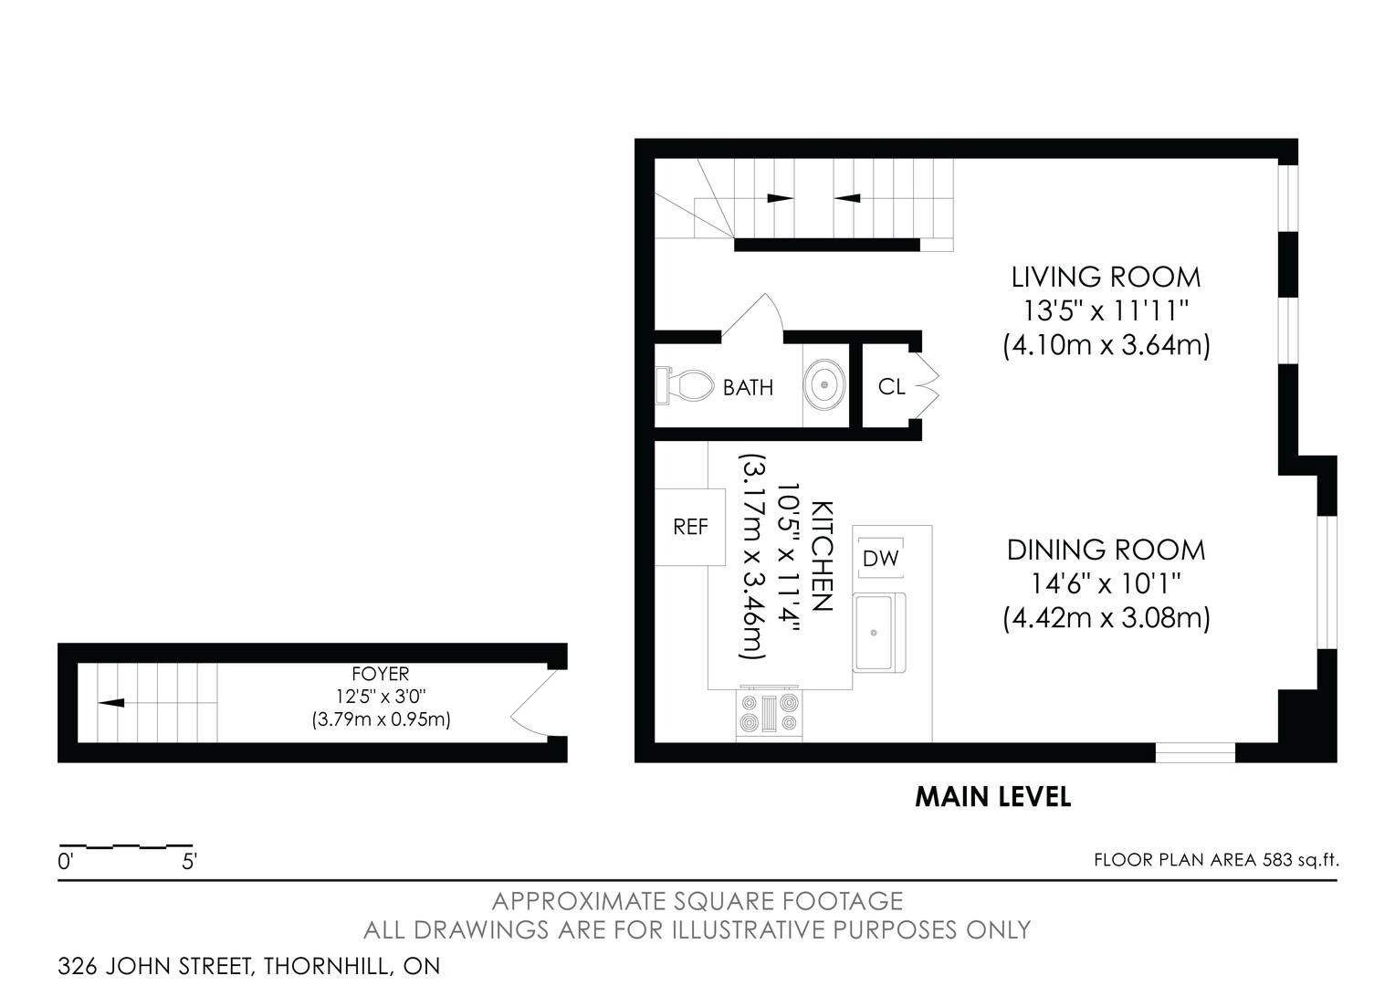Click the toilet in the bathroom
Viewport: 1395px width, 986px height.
pyautogui.click(x=685, y=385)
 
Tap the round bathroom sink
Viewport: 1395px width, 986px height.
pyautogui.click(x=824, y=385)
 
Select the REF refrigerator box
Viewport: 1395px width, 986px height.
pyautogui.click(x=690, y=527)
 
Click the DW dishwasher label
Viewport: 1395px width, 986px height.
pyautogui.click(x=881, y=559)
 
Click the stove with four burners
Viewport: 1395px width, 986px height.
pyautogui.click(x=769, y=712)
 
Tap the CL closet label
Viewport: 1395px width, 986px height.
pyautogui.click(x=891, y=387)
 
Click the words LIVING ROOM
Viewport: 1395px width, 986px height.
pyautogui.click(x=1106, y=278)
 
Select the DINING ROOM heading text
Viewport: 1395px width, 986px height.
pyautogui.click(x=1106, y=550)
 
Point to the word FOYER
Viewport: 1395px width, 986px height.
pyautogui.click(x=381, y=674)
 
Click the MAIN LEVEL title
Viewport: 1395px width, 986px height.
pyautogui.click(x=992, y=797)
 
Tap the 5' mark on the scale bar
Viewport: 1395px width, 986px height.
pyautogui.click(x=189, y=862)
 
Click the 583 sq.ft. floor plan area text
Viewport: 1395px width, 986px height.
pyautogui.click(x=1300, y=860)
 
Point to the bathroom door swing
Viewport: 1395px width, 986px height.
pyautogui.click(x=752, y=319)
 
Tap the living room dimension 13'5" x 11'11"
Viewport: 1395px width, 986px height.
pyautogui.click(x=1106, y=310)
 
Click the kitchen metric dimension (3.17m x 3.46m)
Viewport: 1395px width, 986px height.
pyautogui.click(x=751, y=556)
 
